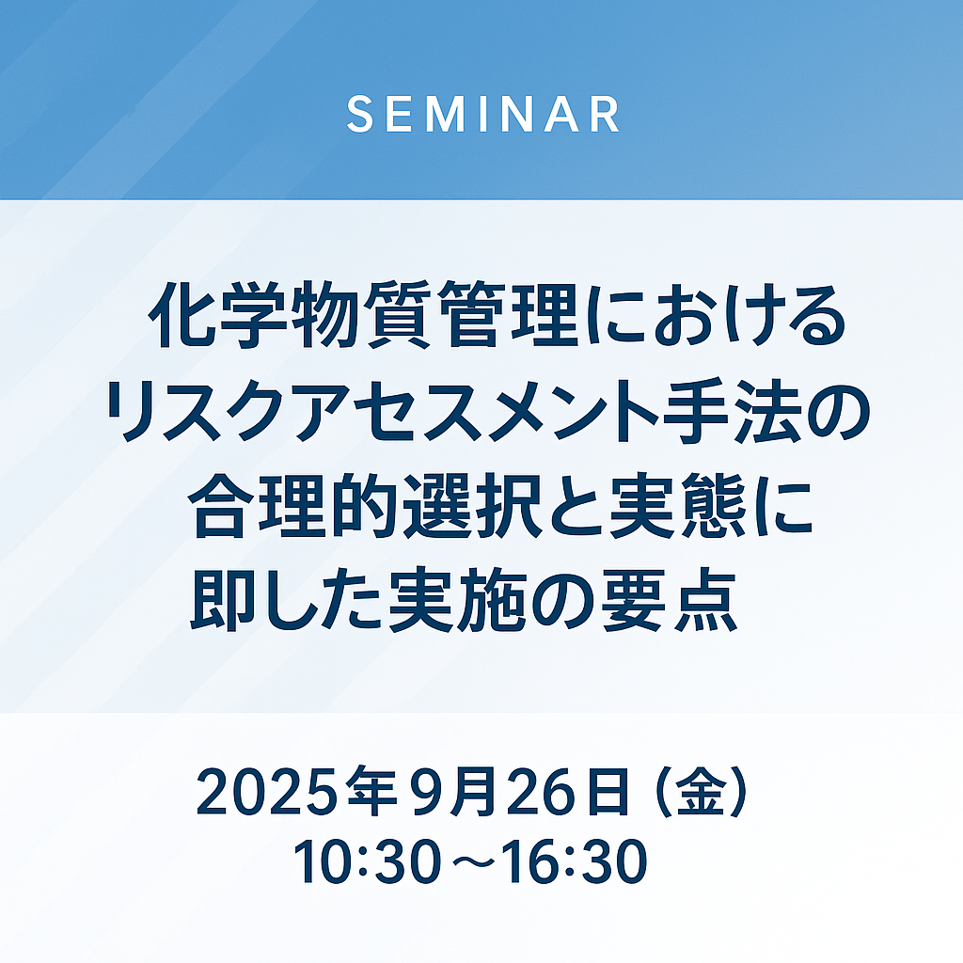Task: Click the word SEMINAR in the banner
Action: click(x=482, y=114)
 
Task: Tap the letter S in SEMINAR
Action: click(x=360, y=114)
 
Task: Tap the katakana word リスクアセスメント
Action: click(x=385, y=410)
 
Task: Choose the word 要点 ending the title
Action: click(x=669, y=600)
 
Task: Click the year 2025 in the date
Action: click(x=269, y=792)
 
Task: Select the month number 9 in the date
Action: click(x=429, y=792)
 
